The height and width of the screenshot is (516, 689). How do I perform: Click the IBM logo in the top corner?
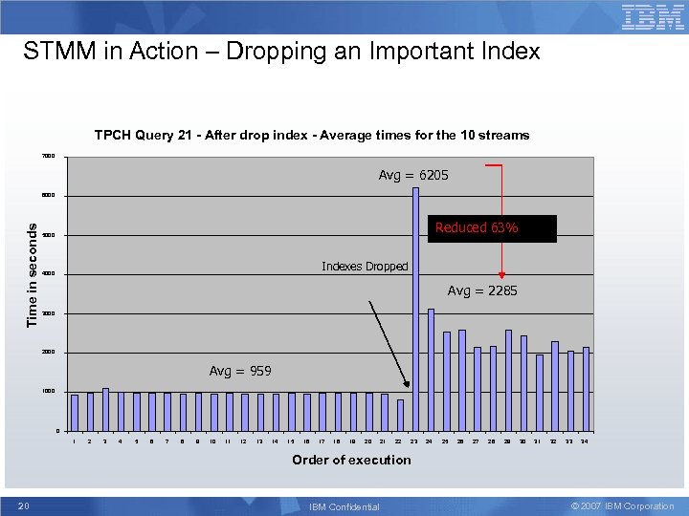[x=653, y=16]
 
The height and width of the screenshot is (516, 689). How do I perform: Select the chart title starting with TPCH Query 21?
[x=311, y=135]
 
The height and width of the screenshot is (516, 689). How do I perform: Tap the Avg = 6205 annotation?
[x=413, y=175]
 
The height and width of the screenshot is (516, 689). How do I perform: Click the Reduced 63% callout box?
[x=491, y=228]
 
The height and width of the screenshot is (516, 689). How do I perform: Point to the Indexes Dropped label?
[x=365, y=267]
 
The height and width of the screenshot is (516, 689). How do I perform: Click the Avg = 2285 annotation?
[x=482, y=290]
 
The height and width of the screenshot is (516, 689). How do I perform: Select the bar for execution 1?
[x=75, y=412]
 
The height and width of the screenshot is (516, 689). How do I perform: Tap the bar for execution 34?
[x=586, y=388]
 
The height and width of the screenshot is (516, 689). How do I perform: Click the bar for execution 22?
[x=400, y=415]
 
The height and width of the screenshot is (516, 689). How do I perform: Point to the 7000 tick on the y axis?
[x=49, y=157]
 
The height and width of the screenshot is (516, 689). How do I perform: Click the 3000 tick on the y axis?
[x=49, y=313]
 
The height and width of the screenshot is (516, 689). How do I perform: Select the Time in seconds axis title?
[x=32, y=274]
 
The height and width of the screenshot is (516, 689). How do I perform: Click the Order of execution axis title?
[x=351, y=460]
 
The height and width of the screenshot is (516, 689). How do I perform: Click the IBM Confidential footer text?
[x=344, y=506]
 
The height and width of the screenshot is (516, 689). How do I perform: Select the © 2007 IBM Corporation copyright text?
[x=622, y=505]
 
